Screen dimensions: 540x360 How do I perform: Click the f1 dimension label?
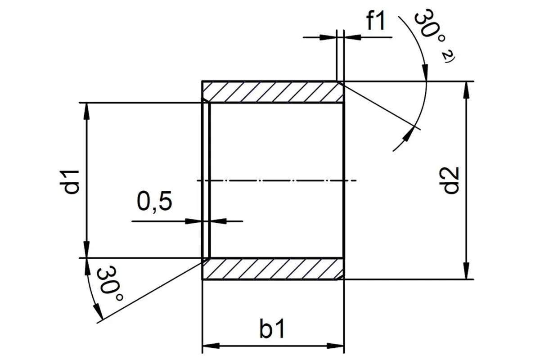pyautogui.click(x=376, y=21)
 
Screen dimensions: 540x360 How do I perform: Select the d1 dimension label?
pyautogui.click(x=70, y=182)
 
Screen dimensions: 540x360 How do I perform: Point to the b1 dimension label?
pyautogui.click(x=272, y=328)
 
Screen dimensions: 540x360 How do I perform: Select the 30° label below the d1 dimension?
pyautogui.click(x=110, y=284)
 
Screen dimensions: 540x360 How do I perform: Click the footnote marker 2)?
pyautogui.click(x=448, y=58)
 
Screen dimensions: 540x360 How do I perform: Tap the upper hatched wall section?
pyautogui.click(x=273, y=92)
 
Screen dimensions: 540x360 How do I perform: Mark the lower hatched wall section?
pyautogui.click(x=273, y=269)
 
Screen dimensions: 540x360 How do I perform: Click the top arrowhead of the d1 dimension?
pyautogui.click(x=87, y=112)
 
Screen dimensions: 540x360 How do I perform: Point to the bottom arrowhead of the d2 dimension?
pyautogui.click(x=467, y=271)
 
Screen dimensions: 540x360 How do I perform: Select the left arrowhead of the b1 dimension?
pyautogui.click(x=211, y=346)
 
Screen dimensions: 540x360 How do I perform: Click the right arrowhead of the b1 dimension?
pyautogui.click(x=335, y=346)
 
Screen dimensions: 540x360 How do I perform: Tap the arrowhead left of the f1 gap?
pyautogui.click(x=328, y=37)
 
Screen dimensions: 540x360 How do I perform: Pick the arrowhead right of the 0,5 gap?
pyautogui.click(x=219, y=221)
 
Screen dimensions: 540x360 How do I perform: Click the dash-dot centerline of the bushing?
pyautogui.click(x=276, y=180)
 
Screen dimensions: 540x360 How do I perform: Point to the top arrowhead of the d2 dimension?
pyautogui.click(x=467, y=90)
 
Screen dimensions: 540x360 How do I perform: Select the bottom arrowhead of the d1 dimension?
pyautogui.click(x=87, y=249)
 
